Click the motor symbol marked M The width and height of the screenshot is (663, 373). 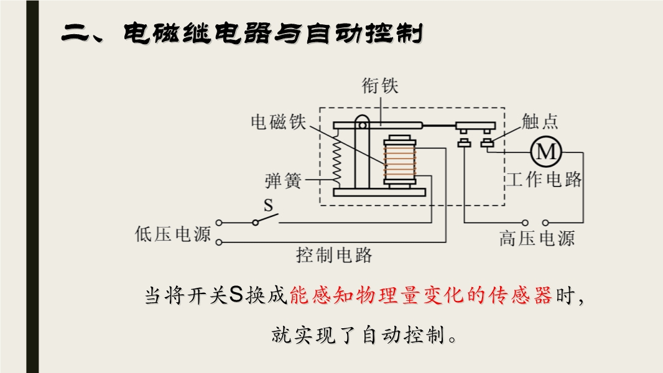coord(546,152)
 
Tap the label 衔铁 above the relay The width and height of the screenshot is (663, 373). coord(380,86)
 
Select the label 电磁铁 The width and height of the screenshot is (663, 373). coord(278,122)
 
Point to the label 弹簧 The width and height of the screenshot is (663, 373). coord(283,182)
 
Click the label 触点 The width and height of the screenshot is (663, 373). coord(539,121)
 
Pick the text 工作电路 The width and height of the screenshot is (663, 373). coord(544,179)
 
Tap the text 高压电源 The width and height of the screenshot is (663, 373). coord(537,238)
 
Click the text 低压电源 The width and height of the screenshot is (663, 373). coord(172,234)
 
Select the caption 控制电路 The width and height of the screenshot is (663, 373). coord(334,255)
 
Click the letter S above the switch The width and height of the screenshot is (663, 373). coord(269,205)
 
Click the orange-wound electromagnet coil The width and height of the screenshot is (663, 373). coord(399,161)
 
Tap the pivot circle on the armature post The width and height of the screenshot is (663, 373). coord(362,126)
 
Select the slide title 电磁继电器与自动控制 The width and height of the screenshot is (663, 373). coord(273,33)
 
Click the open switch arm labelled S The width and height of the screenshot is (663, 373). coord(266,218)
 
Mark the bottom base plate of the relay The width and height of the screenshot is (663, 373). coord(379,193)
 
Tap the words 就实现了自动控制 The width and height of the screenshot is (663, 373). coord(359,336)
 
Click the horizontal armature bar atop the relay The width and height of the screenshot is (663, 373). coord(378,126)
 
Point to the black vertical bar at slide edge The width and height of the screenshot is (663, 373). coord(32,186)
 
